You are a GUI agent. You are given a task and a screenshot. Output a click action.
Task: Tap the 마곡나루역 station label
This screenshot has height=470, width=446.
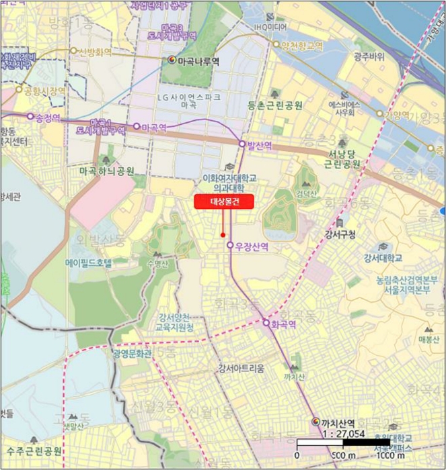[x=198, y=60]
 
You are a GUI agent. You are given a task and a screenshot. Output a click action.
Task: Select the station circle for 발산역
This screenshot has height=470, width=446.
[x=242, y=144]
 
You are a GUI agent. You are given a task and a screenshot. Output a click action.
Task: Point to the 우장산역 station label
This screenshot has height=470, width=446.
[x=252, y=246]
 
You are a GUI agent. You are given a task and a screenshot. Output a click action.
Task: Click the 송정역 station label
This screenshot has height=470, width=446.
[x=48, y=117]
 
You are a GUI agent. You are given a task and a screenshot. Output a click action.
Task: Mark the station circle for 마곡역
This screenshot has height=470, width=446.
[x=137, y=126]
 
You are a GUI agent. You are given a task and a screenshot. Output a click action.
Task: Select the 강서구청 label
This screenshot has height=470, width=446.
[x=339, y=234]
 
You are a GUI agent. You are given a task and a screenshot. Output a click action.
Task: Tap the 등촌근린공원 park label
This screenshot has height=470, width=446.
[x=274, y=105]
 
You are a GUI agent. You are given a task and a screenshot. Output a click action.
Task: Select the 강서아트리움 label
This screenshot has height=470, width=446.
[x=241, y=368]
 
